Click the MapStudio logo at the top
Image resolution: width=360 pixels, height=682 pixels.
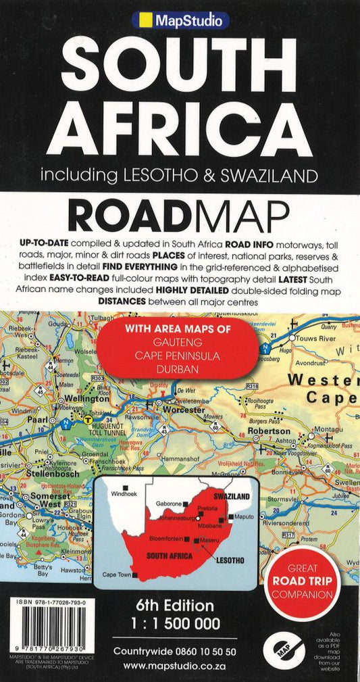[x=180, y=21]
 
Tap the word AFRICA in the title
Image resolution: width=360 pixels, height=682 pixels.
[x=180, y=125]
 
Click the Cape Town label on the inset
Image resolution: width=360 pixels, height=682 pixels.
[x=116, y=575]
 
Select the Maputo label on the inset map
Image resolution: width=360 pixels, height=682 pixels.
[x=244, y=518]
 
